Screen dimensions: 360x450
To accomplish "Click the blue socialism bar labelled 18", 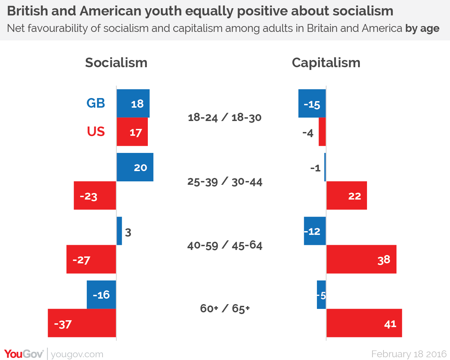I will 133,104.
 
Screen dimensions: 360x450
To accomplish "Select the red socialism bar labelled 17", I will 132,132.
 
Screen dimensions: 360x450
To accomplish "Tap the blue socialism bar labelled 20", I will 135,167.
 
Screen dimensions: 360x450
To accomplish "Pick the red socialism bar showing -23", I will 95,195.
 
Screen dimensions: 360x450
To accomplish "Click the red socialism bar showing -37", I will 82,323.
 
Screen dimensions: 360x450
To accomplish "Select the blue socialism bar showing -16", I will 101,295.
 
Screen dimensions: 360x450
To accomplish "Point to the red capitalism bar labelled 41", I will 364,323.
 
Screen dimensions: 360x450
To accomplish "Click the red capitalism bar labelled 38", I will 361,259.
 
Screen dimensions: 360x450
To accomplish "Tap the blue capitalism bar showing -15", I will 312,104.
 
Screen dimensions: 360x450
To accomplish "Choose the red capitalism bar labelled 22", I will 346,195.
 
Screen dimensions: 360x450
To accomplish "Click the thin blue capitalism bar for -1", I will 325,167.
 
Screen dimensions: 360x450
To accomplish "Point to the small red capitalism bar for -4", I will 322,132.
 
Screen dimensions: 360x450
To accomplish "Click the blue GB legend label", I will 96,103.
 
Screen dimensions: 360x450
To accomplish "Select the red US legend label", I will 96,132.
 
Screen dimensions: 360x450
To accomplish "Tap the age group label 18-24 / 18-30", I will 225,118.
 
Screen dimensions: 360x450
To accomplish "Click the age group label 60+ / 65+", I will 225,309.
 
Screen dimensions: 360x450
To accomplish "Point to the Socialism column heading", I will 116,63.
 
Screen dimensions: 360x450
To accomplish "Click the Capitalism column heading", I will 326,63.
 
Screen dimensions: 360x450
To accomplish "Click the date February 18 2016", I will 409,354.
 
